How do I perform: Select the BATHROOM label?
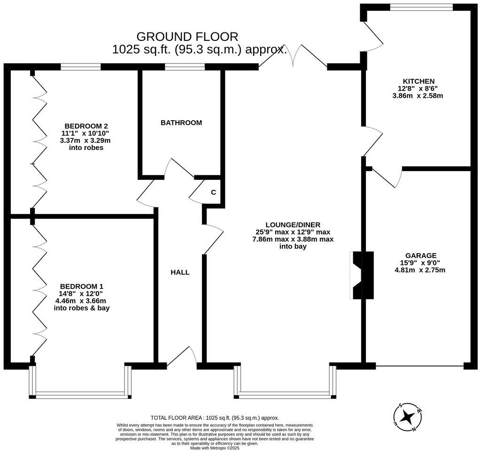[x=181, y=123]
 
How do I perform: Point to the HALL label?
[x=180, y=272]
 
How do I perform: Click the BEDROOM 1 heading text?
[x=82, y=286]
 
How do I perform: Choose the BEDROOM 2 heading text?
[x=86, y=126]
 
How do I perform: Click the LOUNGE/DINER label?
[x=293, y=225]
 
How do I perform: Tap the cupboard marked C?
[x=213, y=192]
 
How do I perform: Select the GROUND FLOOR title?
[x=187, y=36]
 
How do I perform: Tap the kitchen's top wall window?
[x=421, y=7]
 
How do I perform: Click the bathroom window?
[x=184, y=67]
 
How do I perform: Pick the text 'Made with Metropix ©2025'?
[x=215, y=448]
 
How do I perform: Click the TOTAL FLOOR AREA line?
[x=215, y=418]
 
